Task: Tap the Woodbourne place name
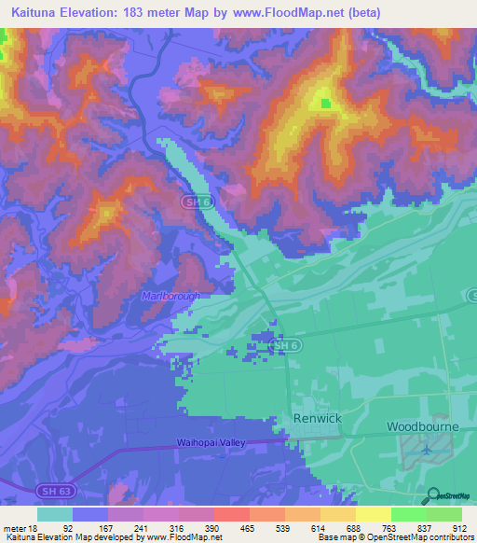tap(425, 425)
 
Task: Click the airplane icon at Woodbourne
tap(426, 450)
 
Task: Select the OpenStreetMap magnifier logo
tap(431, 495)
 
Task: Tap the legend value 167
tap(105, 527)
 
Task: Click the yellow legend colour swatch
tap(374, 514)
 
